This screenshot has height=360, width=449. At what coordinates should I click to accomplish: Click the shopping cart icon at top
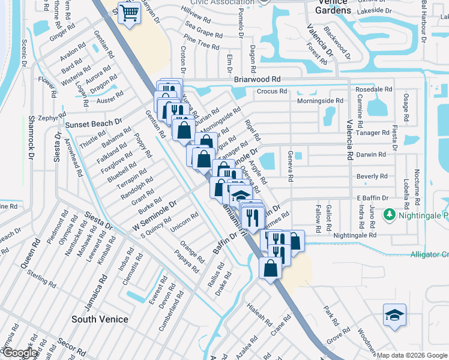coord(130,13)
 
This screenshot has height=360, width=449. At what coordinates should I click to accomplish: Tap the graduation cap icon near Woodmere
coord(394,314)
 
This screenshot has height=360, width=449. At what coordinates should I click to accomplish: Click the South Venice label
coord(100,319)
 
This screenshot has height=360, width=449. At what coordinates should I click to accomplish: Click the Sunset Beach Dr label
coord(94,124)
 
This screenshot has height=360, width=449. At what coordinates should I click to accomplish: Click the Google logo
coord(20,353)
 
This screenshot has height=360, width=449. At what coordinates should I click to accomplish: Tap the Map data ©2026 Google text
coord(411,355)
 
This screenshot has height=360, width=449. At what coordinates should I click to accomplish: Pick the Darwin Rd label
coord(371,155)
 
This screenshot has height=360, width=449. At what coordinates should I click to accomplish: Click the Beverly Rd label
coord(372,176)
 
